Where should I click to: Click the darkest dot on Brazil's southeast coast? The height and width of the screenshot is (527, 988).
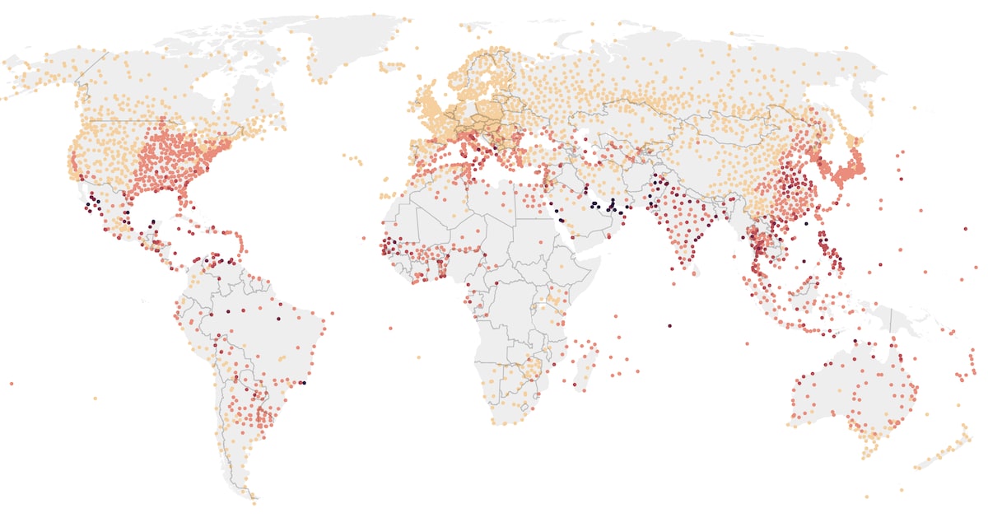click(x=304, y=383)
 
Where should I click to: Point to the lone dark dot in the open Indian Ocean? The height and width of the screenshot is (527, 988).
click(x=669, y=326)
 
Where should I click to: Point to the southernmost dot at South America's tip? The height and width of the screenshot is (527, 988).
click(x=254, y=500)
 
